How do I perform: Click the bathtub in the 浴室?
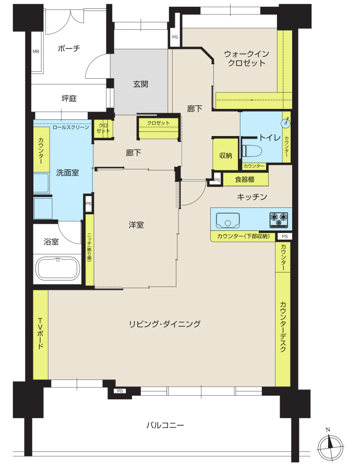coord(57,268)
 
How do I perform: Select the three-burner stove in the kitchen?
coord(279,219)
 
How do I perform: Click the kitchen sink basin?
coord(228,220)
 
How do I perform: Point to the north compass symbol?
coord(330,446)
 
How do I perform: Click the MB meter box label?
coord(35,52)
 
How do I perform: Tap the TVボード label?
coord(41,334)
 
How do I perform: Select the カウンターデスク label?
coord(283,327)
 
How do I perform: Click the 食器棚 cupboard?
coord(245,179)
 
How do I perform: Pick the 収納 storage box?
coord(225,155)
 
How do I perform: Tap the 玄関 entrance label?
coord(140,84)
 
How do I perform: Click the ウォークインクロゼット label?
coord(246,58)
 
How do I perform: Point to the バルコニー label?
coord(165,425)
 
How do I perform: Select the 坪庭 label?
coord(69,99)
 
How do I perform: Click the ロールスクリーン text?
coord(71,127)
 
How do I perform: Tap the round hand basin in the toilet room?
coord(286,122)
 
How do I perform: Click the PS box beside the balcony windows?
coord(120,391)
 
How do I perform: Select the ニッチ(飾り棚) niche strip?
coord(90,250)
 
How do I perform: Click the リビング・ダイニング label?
coord(164,324)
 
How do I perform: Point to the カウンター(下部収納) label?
coord(243,236)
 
